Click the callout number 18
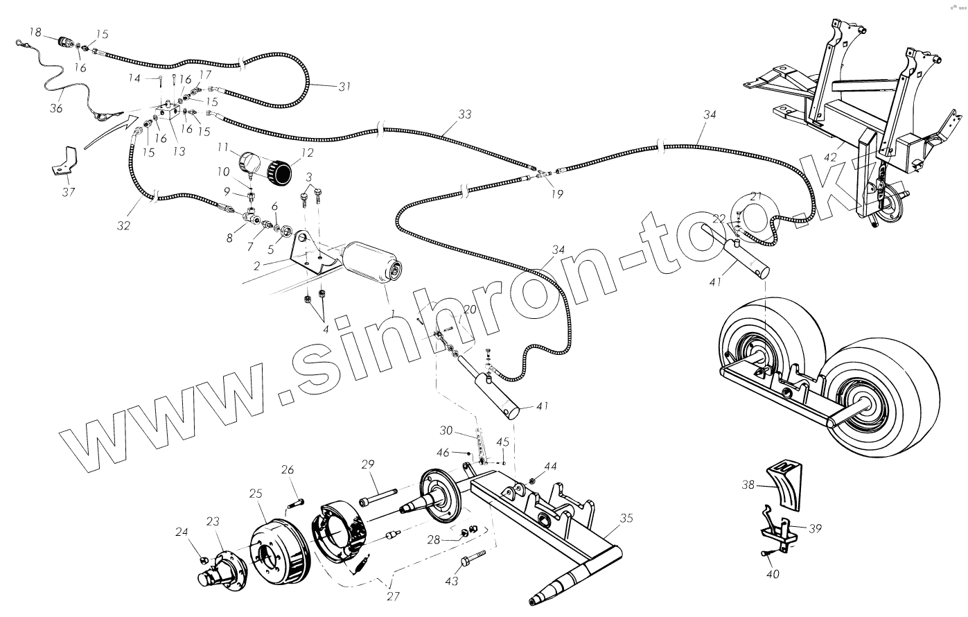tap(35, 32)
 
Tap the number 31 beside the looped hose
tap(344, 87)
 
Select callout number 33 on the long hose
tap(464, 114)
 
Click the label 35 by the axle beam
tap(626, 517)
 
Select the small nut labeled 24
tap(204, 559)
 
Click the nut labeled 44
tap(532, 480)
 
